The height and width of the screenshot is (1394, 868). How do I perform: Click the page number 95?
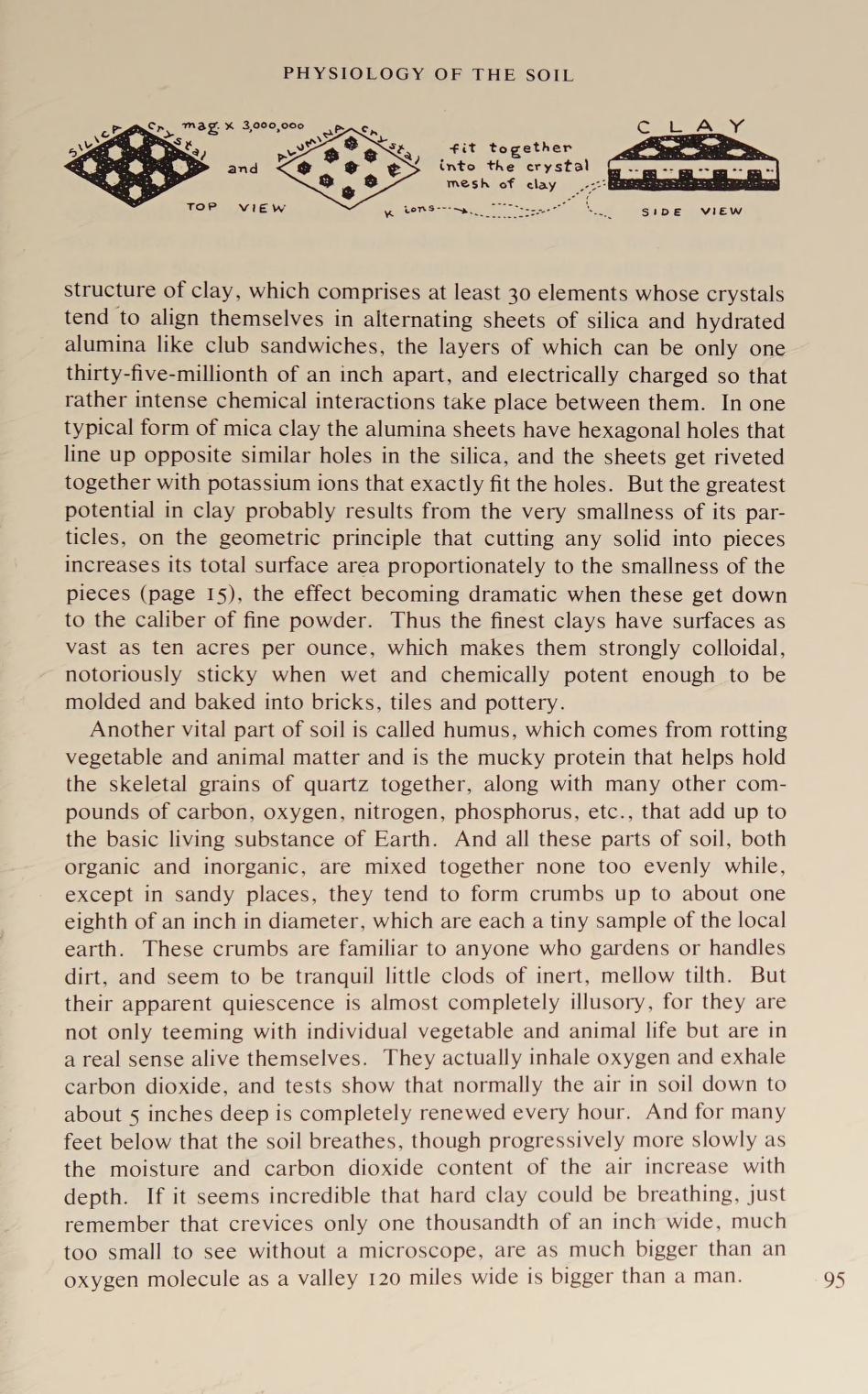(x=833, y=1280)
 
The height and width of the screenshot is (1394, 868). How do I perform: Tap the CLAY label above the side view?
(x=691, y=126)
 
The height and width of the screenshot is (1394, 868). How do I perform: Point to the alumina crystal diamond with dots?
(x=348, y=168)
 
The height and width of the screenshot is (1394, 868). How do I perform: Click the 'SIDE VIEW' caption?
(x=691, y=212)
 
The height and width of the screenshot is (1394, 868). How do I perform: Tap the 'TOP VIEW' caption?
(x=236, y=207)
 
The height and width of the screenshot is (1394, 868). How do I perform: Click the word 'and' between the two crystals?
(x=243, y=169)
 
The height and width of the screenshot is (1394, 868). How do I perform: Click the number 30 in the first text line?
(x=519, y=293)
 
